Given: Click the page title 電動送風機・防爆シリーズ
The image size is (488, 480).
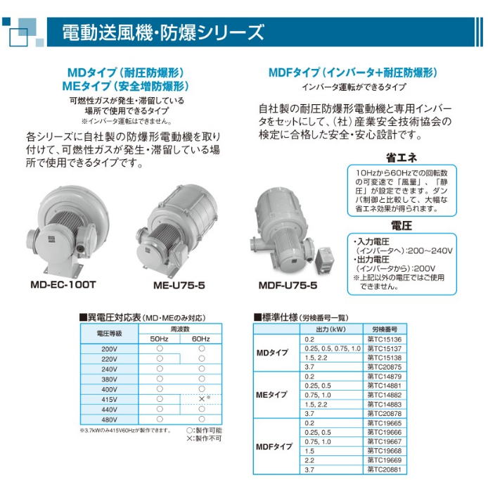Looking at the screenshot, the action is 163,32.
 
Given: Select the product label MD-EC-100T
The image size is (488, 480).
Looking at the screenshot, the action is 63,285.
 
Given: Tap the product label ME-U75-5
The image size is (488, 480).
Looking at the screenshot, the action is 179,285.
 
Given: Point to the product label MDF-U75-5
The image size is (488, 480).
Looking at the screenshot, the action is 288,285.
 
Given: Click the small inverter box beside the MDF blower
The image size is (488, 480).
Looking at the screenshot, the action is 326,260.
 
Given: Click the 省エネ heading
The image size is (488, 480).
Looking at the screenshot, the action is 402,158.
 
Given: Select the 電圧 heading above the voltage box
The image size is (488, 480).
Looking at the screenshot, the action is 402,225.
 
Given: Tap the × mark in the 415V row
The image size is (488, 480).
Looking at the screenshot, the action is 202,399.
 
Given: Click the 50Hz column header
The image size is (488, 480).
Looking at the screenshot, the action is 159,339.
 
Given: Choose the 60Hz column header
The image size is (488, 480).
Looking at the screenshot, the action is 200,339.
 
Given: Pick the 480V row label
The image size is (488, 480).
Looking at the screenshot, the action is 109,419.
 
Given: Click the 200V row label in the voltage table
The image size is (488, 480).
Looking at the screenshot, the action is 109,349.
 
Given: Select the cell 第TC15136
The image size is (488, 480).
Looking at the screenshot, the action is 385,339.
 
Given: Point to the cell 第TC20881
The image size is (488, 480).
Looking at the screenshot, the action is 385,469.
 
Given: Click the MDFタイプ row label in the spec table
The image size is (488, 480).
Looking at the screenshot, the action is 274,447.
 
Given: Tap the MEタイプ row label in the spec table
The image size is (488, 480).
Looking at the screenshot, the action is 271,395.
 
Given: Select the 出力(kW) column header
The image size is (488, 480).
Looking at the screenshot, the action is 330,329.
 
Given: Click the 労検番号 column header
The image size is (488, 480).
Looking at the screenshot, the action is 385,329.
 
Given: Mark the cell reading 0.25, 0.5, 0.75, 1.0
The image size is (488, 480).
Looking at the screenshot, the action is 333,348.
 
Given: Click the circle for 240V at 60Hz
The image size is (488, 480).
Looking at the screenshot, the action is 202,369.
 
